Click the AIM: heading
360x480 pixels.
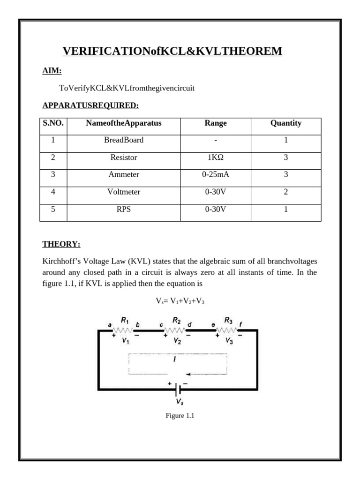click(52, 71)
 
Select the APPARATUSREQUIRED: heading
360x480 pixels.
click(90, 105)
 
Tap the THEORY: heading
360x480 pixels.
click(61, 244)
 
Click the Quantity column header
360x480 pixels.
click(286, 123)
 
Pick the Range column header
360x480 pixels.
click(216, 123)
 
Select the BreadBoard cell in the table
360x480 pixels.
click(124, 140)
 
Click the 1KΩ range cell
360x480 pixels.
click(216, 157)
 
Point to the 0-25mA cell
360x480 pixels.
click(216, 174)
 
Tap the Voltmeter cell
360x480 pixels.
click(124, 192)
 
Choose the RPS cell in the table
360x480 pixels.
click(124, 209)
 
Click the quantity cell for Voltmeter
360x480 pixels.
click(286, 192)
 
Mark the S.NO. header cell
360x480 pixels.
click(53, 123)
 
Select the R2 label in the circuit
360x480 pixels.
click(177, 321)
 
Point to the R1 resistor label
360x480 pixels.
click(125, 321)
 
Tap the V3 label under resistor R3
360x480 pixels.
click(229, 341)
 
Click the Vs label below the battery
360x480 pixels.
click(180, 402)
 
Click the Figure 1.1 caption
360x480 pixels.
click(180, 416)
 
